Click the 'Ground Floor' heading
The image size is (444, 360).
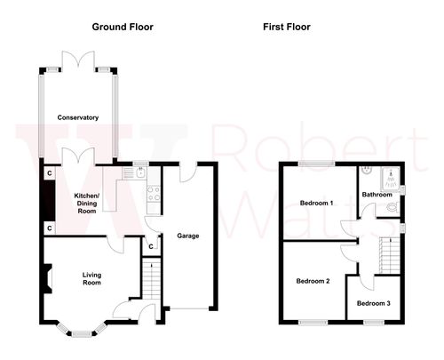click(123, 27)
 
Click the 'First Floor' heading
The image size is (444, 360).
click(286, 27)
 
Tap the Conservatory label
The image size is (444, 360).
click(77, 117)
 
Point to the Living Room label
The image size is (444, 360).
click(91, 279)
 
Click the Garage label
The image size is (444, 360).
click(186, 236)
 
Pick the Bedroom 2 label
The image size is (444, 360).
click(313, 281)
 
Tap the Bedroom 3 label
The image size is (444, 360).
click(373, 303)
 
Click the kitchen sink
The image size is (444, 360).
click(139, 173)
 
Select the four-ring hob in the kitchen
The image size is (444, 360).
click(153, 191)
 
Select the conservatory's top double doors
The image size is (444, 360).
click(78, 59)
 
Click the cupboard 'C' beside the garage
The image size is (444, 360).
click(152, 246)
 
